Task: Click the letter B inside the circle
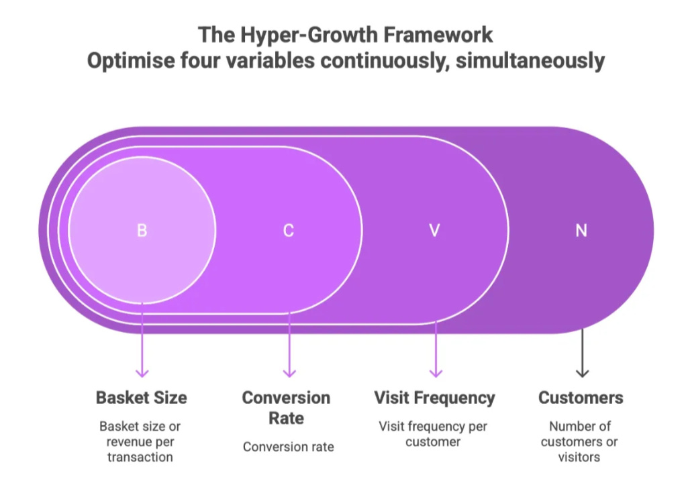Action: tap(142, 230)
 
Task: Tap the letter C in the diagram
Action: tap(288, 230)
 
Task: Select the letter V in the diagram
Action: tap(434, 230)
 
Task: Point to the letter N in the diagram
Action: tap(581, 230)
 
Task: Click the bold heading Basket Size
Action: tap(141, 397)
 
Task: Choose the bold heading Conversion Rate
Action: tap(287, 408)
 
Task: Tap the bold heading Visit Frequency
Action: tap(434, 397)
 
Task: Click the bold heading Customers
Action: tap(581, 397)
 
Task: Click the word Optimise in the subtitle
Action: tap(131, 61)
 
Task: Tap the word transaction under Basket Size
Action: tap(141, 457)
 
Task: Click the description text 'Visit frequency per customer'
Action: tap(433, 434)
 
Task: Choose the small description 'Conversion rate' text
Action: tap(288, 447)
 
